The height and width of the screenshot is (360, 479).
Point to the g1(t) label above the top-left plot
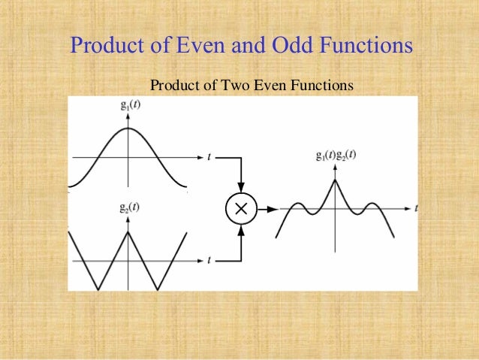(x=129, y=104)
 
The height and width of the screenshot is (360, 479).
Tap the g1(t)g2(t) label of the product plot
(x=336, y=156)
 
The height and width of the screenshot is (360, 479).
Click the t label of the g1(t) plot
(x=209, y=157)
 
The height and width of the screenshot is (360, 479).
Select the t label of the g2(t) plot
(x=209, y=260)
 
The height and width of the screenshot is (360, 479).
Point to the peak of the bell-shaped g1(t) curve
(x=128, y=128)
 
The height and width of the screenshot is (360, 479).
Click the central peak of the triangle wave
(x=128, y=231)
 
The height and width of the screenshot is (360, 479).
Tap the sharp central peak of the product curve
(x=336, y=179)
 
